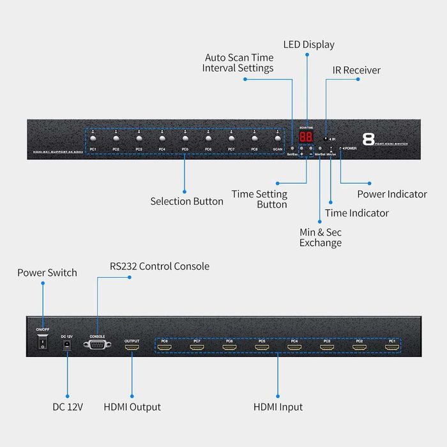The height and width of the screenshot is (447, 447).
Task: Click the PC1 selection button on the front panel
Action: coord(93,139)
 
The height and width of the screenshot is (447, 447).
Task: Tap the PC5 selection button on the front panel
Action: coord(185,139)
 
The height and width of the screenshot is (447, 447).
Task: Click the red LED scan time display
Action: coord(307,137)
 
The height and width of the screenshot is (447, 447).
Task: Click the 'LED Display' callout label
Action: coord(308,45)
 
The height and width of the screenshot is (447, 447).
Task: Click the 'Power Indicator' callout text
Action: coord(391,194)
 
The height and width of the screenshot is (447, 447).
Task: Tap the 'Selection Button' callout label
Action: coord(186,201)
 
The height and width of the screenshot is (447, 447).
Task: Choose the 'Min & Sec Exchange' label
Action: coord(321,238)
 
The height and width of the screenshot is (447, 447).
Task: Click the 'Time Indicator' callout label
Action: coord(356,213)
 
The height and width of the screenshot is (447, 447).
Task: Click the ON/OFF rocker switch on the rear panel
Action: coord(43,344)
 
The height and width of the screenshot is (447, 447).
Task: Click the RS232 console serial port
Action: coord(97,344)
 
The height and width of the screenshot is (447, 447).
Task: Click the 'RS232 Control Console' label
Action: coord(159,266)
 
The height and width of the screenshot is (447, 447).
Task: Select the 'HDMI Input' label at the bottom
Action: coord(278,407)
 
